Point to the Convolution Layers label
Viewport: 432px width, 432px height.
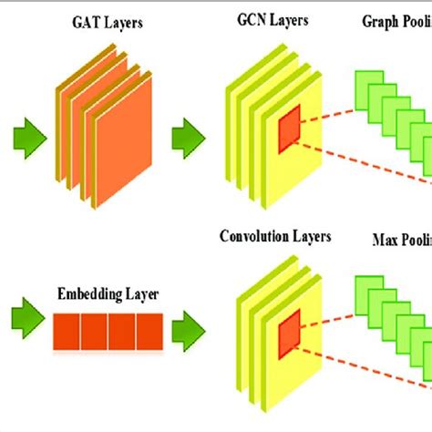coord(275,237)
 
